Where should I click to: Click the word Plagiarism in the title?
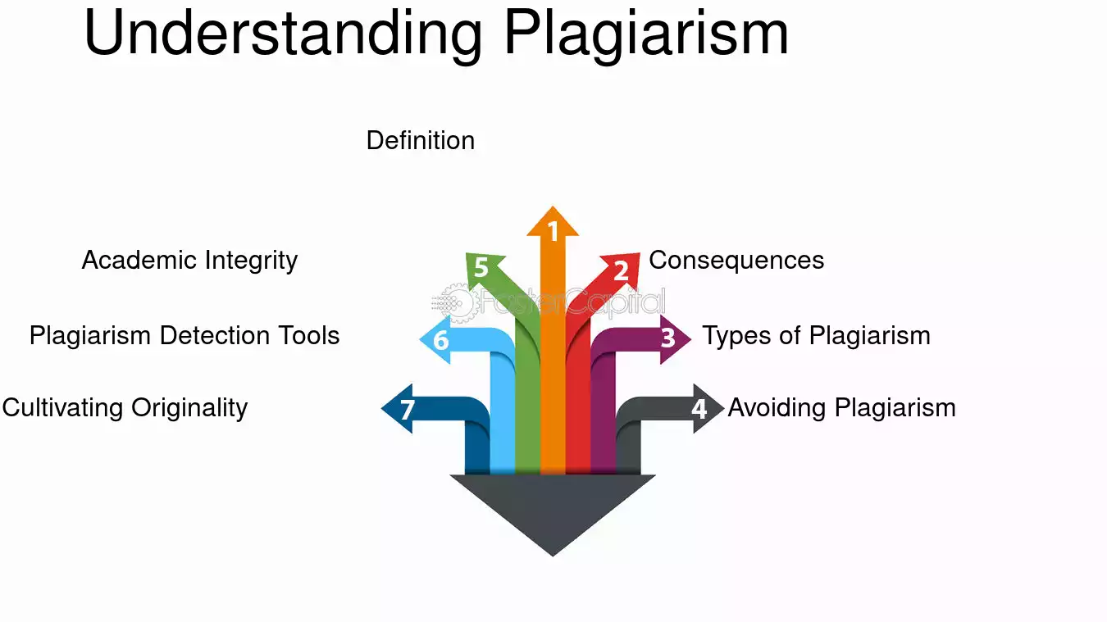click(x=646, y=34)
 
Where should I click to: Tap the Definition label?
click(x=421, y=141)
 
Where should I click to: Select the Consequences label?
click(x=736, y=261)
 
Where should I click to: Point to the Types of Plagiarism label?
click(x=816, y=336)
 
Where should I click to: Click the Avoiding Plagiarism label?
click(x=841, y=408)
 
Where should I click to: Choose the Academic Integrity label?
click(x=189, y=261)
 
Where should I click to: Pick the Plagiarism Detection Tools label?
click(x=184, y=336)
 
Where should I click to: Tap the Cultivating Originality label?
click(x=125, y=408)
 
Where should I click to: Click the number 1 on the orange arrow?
click(x=553, y=233)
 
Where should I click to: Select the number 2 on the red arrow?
click(x=621, y=270)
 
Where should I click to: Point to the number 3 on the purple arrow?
click(x=668, y=338)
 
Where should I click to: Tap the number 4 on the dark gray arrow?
click(x=699, y=408)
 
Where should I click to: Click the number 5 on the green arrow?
click(x=481, y=268)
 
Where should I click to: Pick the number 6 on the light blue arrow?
click(x=441, y=339)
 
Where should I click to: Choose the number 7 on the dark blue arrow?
click(x=408, y=408)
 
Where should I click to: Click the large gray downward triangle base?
click(x=553, y=508)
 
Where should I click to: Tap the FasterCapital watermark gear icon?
click(x=456, y=303)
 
